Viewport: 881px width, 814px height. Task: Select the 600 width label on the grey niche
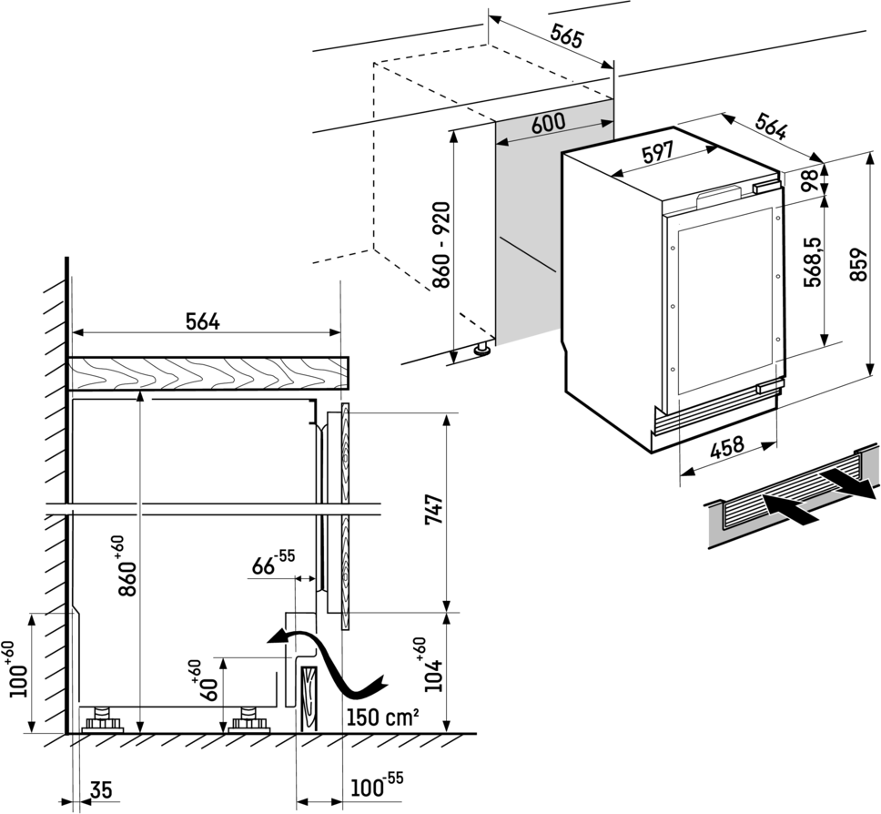tap(548, 123)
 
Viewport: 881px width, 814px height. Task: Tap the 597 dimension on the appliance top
tap(657, 152)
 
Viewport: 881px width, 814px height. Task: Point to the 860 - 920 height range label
tap(441, 245)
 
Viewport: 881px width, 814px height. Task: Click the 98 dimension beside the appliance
tap(810, 180)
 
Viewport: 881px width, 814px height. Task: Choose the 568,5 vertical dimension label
tap(813, 262)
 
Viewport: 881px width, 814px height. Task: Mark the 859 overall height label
tap(857, 265)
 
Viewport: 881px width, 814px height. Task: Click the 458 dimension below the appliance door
tap(727, 448)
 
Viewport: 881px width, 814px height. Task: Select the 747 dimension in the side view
tap(434, 509)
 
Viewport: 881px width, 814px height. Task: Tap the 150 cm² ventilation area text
tap(382, 717)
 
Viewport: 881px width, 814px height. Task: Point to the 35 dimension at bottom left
tap(101, 789)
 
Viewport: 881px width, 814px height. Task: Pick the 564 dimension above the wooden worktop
tap(203, 321)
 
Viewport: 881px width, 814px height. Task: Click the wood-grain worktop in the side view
tap(208, 373)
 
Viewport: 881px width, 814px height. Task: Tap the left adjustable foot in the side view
tap(102, 720)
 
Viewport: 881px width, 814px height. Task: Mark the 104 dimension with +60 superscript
tap(433, 667)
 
